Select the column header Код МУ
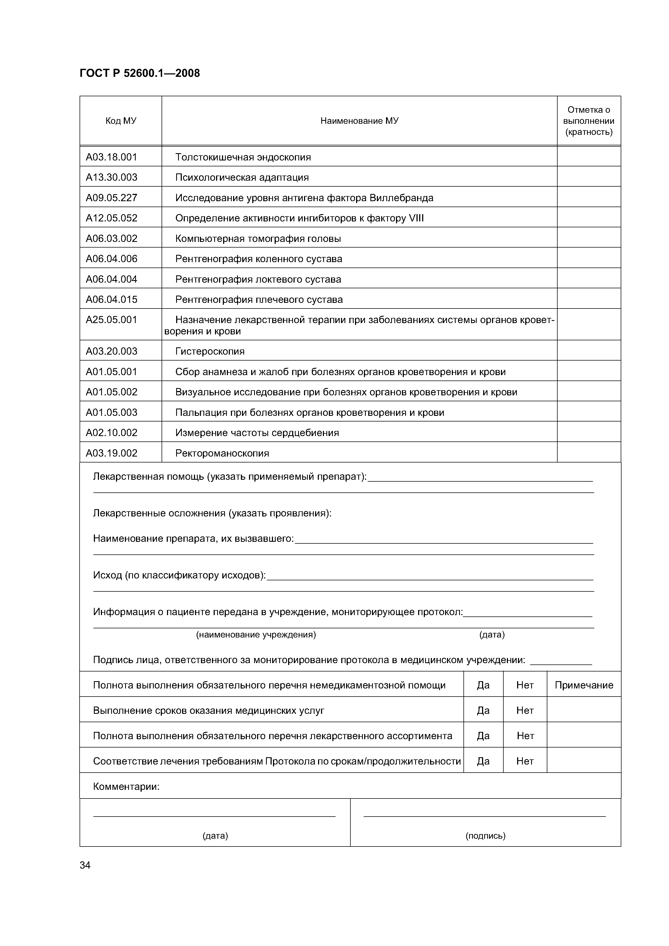121,121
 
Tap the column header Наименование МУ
359,121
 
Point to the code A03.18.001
111,157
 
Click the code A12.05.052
111,218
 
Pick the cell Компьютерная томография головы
258,239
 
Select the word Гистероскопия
210,351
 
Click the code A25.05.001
111,320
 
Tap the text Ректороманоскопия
222,453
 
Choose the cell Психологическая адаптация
242,178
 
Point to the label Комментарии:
126,787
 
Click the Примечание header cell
584,685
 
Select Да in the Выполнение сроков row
483,711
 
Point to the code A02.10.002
111,433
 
